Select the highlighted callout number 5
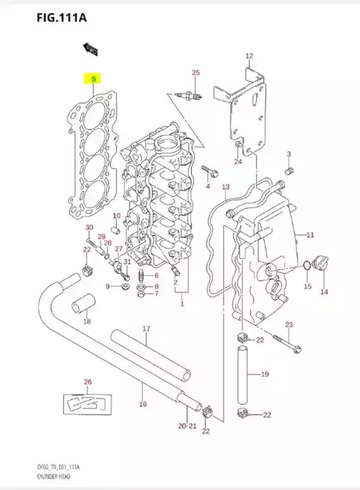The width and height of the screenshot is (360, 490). click(94, 80)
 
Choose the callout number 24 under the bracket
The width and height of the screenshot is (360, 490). click(237, 162)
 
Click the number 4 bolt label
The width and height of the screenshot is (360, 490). click(207, 187)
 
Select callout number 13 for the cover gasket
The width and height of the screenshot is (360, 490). click(225, 188)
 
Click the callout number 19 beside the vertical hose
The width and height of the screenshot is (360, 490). click(264, 375)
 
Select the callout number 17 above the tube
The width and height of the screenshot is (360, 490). click(146, 329)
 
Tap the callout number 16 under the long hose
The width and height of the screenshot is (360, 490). click(143, 403)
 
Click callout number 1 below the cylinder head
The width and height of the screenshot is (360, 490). click(181, 304)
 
